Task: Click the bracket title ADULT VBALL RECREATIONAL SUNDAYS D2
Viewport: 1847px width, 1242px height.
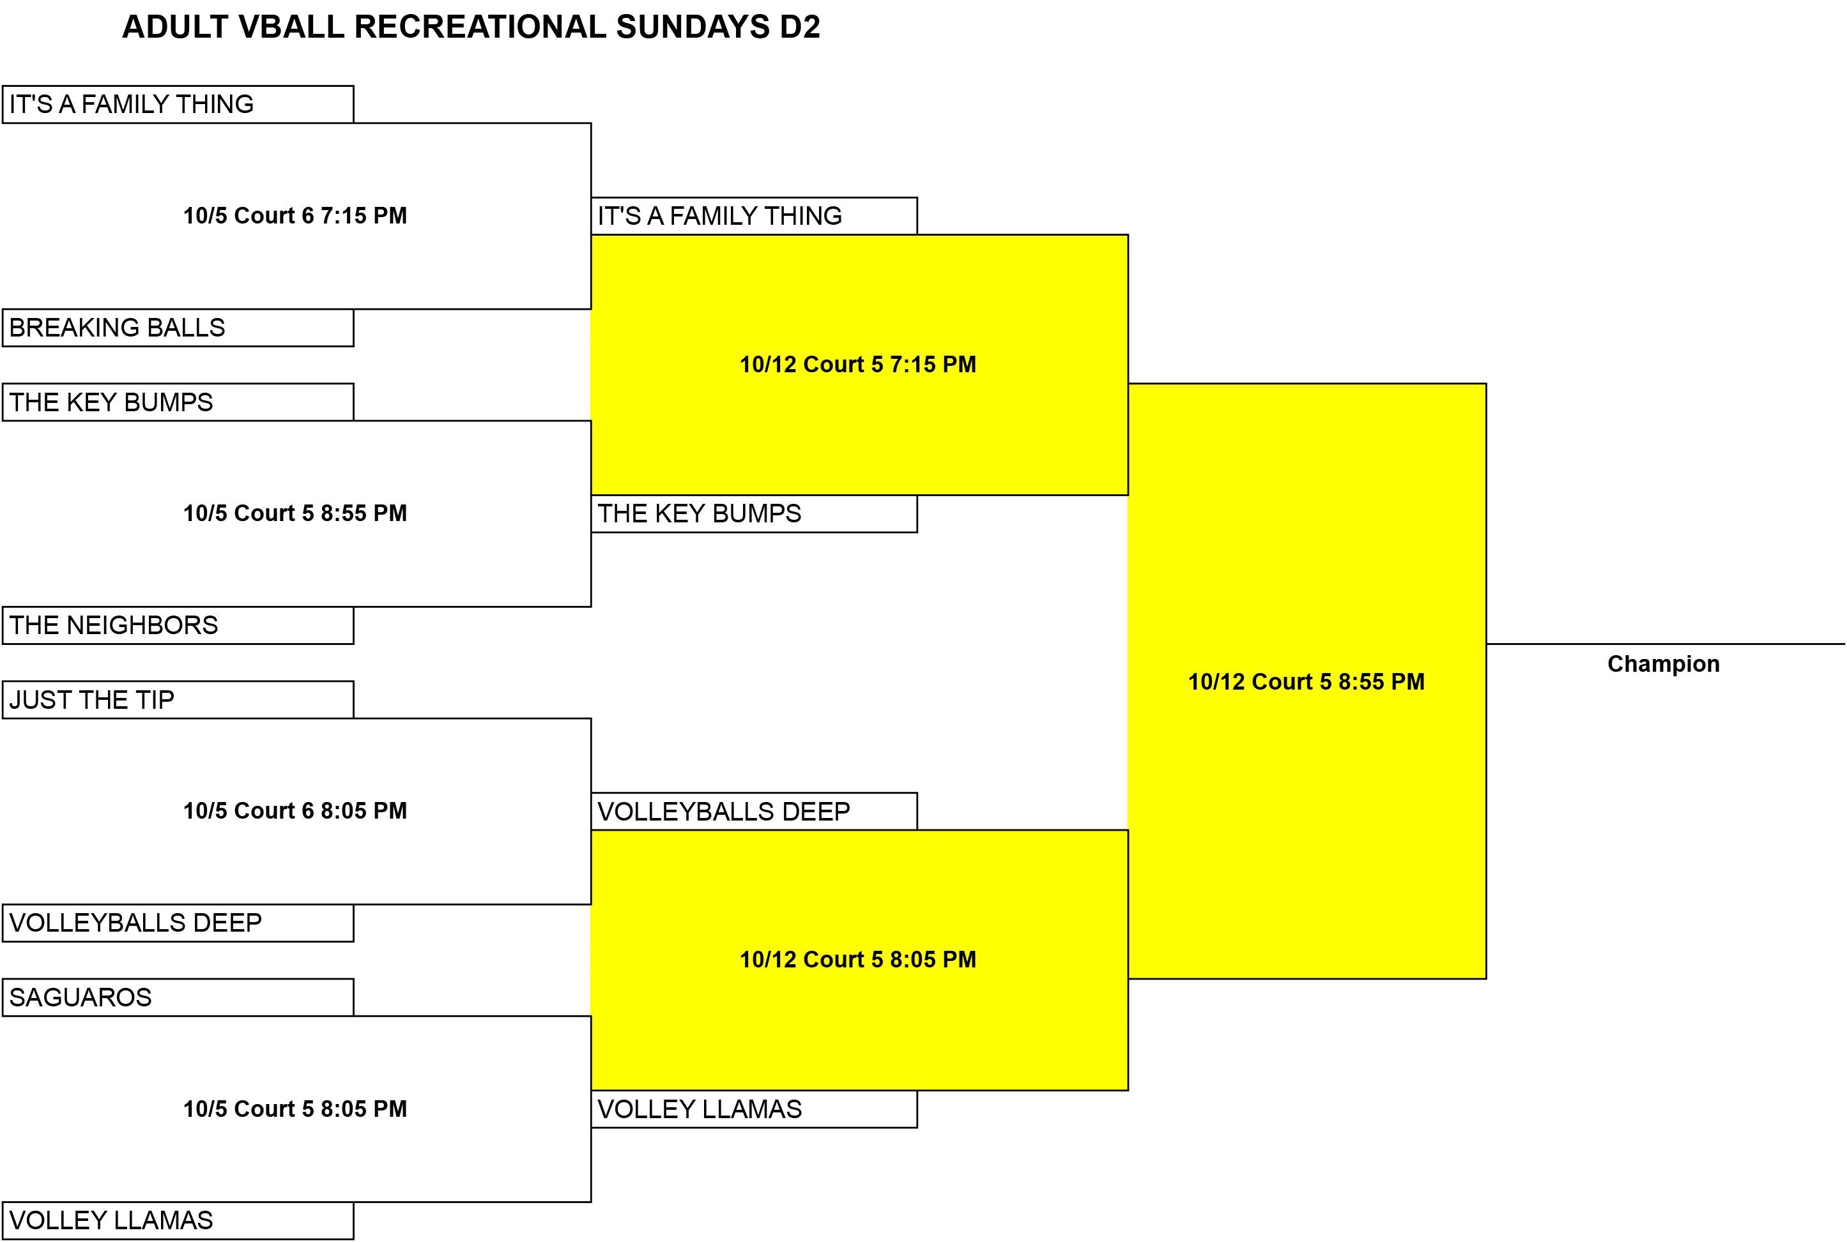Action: coord(471,27)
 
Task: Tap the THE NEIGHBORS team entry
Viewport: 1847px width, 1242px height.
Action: coord(178,626)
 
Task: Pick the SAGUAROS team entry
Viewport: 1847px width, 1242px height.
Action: coord(178,997)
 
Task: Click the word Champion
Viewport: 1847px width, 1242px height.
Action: coord(1663,663)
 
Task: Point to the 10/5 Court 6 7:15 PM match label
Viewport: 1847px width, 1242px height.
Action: coord(295,215)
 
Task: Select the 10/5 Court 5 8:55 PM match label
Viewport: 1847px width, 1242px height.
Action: coord(295,513)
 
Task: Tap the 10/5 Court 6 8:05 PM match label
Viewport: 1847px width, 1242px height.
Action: coord(295,811)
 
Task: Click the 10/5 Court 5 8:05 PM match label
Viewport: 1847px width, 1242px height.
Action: coord(295,1109)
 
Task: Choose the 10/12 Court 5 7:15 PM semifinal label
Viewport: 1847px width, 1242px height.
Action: coord(857,365)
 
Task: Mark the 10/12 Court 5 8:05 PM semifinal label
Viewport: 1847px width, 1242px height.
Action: coord(857,960)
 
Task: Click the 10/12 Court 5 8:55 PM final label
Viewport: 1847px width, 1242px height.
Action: coord(1306,682)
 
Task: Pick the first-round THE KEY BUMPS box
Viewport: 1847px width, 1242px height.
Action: coord(178,402)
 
